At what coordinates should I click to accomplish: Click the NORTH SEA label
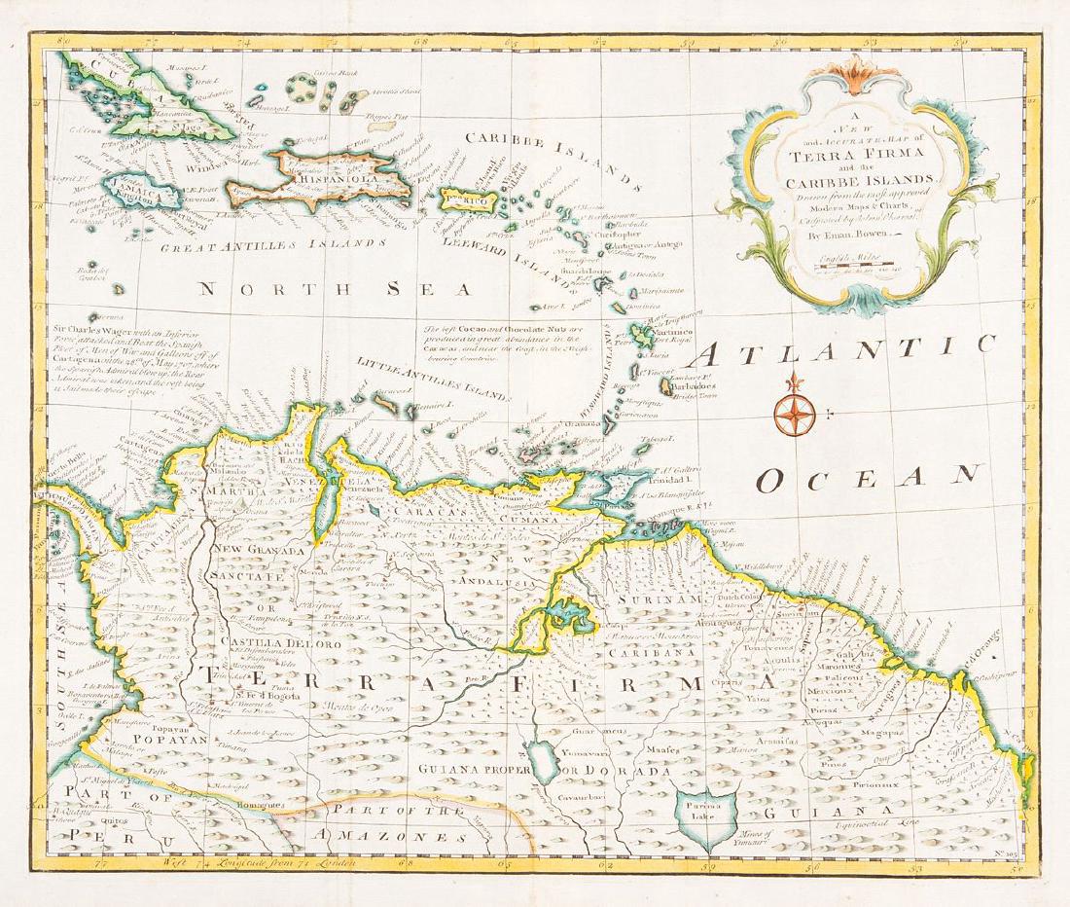tap(331, 288)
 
